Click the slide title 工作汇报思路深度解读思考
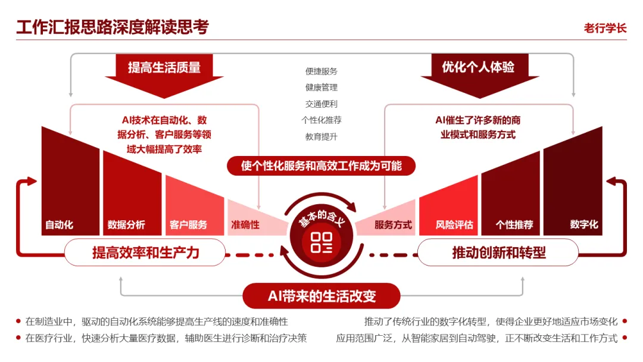[x=113, y=27]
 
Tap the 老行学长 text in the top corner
[x=605, y=29]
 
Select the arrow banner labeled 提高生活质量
[x=164, y=76]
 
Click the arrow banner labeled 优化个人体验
[x=479, y=76]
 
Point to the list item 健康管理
[x=321, y=88]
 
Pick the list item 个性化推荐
[x=321, y=120]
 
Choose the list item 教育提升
[x=321, y=136]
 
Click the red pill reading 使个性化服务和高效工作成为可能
[x=321, y=166]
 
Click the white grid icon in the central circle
[x=321, y=242]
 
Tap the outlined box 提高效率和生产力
[x=145, y=252]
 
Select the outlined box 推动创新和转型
[x=498, y=252]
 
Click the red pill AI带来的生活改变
[x=321, y=295]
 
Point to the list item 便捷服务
[x=321, y=71]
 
